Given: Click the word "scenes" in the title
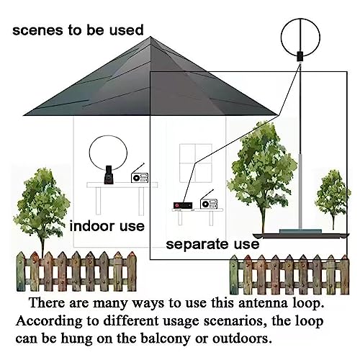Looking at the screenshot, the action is point(38,30).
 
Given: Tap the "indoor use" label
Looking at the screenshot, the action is point(107,226).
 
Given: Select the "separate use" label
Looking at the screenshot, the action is point(212,244).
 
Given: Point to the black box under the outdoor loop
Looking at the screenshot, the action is point(300,56).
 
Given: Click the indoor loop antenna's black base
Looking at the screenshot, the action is point(109,175).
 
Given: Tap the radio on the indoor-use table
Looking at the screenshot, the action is point(140,176).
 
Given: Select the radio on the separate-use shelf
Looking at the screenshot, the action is point(209,202).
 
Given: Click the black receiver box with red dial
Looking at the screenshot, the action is point(183,205).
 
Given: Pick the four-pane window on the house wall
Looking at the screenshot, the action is point(196,163).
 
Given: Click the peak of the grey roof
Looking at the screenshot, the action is point(150,37).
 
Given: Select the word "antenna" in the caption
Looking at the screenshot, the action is point(263,303).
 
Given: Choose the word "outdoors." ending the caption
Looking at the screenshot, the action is point(242,338).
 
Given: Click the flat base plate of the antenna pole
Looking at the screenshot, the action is point(300,231).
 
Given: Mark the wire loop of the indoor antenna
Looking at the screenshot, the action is point(89,153).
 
